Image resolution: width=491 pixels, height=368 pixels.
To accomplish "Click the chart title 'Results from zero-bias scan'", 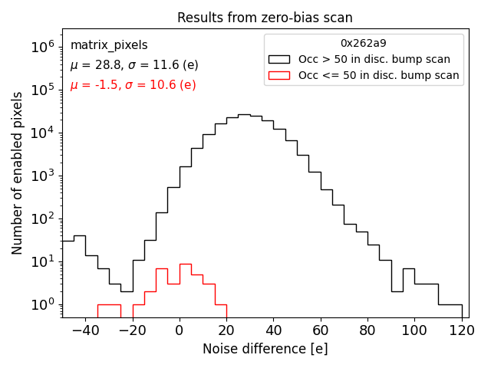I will point(265,18).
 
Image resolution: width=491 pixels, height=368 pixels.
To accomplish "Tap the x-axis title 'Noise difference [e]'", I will point(265,349).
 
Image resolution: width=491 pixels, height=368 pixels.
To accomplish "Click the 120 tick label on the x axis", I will point(461,330).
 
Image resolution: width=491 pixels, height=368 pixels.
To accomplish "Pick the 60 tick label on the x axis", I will point(320,330).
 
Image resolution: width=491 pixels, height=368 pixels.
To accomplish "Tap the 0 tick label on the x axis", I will point(180,330).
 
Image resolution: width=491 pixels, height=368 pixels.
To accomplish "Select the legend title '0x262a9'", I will point(363,44).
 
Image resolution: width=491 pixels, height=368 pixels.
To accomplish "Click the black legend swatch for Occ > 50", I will point(280,59).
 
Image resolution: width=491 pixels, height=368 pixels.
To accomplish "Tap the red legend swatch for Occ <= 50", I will point(280,75).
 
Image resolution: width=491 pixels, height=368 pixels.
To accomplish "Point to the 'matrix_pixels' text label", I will point(109,45).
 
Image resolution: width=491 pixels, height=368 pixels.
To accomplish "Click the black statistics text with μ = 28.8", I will point(134,65).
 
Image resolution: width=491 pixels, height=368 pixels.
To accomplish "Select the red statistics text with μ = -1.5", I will point(133,85).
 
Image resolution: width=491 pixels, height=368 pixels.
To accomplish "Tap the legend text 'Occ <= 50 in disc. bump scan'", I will point(379,75).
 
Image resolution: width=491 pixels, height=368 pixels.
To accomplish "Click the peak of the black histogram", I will point(244,115).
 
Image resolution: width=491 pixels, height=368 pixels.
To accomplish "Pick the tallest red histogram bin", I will point(185,264).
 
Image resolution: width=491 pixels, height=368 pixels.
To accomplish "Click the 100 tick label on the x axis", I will point(414,330).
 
